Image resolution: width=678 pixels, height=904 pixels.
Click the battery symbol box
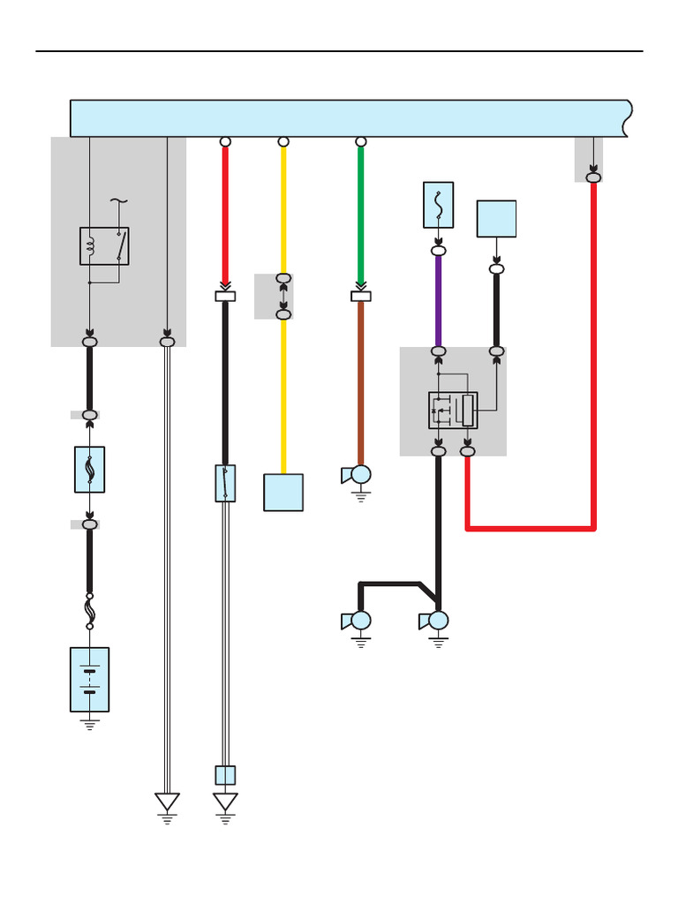(89, 679)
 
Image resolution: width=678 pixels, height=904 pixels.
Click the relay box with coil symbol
(104, 245)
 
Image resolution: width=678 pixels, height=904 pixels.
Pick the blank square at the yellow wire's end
(283, 492)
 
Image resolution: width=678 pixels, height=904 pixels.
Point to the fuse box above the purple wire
(438, 205)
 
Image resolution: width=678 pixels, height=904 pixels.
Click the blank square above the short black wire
(496, 219)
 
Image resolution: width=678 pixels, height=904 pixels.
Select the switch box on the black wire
(225, 483)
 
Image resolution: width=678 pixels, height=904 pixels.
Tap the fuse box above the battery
(89, 469)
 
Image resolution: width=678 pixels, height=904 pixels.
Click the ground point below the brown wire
(360, 476)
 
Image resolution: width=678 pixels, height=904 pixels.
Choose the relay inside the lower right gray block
(453, 410)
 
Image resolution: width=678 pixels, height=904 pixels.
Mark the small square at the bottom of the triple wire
(225, 775)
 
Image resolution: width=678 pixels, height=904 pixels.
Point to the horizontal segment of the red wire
(530, 528)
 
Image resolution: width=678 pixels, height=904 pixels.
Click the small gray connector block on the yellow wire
(275, 296)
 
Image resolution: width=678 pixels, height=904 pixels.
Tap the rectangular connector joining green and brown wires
(360, 297)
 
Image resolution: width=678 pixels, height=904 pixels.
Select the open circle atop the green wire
(360, 141)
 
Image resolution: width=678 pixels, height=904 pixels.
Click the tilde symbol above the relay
(118, 201)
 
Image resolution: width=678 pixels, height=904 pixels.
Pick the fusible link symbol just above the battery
(89, 611)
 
